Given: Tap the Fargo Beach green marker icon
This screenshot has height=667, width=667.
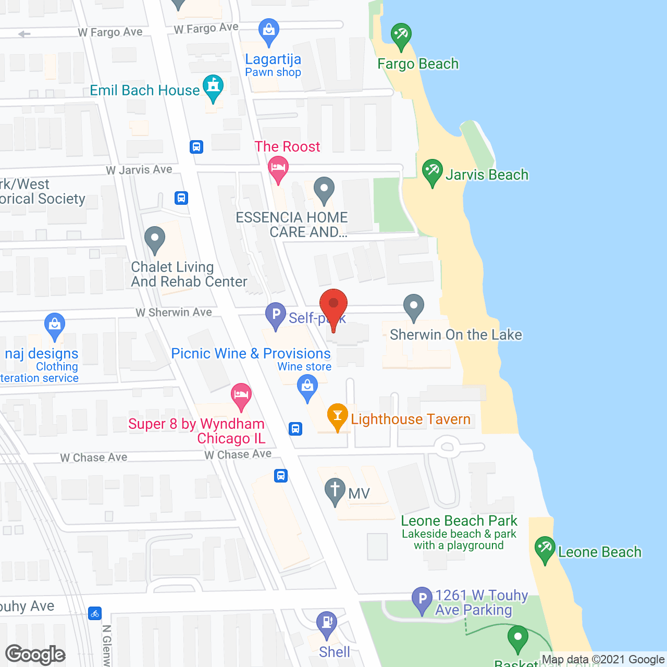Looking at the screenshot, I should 401,36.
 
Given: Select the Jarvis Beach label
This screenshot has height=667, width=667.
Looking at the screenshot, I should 487,175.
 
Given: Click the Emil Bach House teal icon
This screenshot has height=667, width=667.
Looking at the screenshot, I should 213,87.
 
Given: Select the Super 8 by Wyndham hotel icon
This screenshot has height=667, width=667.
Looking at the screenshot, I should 241,396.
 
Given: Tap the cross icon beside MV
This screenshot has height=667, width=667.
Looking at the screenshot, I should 335,491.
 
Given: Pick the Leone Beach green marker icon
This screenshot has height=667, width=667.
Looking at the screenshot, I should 545,549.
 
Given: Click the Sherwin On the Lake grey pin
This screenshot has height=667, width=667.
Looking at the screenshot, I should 414,307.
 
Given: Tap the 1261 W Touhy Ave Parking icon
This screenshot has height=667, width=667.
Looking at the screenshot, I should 422,600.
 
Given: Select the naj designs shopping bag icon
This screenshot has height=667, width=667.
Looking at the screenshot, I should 55,326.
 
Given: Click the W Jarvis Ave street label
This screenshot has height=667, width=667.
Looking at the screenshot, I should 139,170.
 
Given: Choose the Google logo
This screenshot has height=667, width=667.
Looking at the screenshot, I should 35,654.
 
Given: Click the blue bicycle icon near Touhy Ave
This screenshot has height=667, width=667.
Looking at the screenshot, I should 94,613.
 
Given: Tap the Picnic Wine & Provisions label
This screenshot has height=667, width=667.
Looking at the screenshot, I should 251,353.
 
